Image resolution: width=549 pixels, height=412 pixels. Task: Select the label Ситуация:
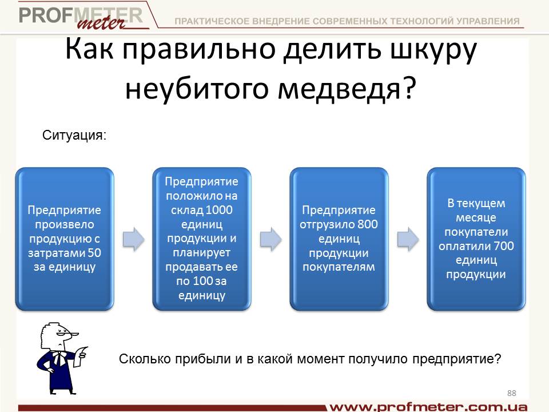point(74,135)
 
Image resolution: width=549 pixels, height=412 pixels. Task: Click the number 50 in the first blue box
point(94,252)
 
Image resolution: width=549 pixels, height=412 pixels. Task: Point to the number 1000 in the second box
point(219,209)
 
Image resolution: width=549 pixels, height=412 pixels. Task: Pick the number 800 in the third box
point(368,224)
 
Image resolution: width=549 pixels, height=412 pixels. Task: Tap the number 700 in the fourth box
point(504,245)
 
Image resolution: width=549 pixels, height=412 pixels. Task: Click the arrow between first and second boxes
point(133,239)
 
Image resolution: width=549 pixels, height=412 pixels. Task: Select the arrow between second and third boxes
point(270,239)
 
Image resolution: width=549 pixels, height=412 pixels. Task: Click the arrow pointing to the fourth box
point(408,239)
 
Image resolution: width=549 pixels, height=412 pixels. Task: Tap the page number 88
point(511,393)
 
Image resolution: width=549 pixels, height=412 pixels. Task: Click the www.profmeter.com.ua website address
point(428,407)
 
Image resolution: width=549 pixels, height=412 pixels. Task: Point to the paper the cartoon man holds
point(82,355)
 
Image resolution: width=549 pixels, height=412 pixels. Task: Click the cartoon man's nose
point(74,335)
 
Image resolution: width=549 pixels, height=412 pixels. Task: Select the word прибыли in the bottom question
point(202,359)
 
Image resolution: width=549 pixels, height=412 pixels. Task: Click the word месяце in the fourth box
point(476,217)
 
